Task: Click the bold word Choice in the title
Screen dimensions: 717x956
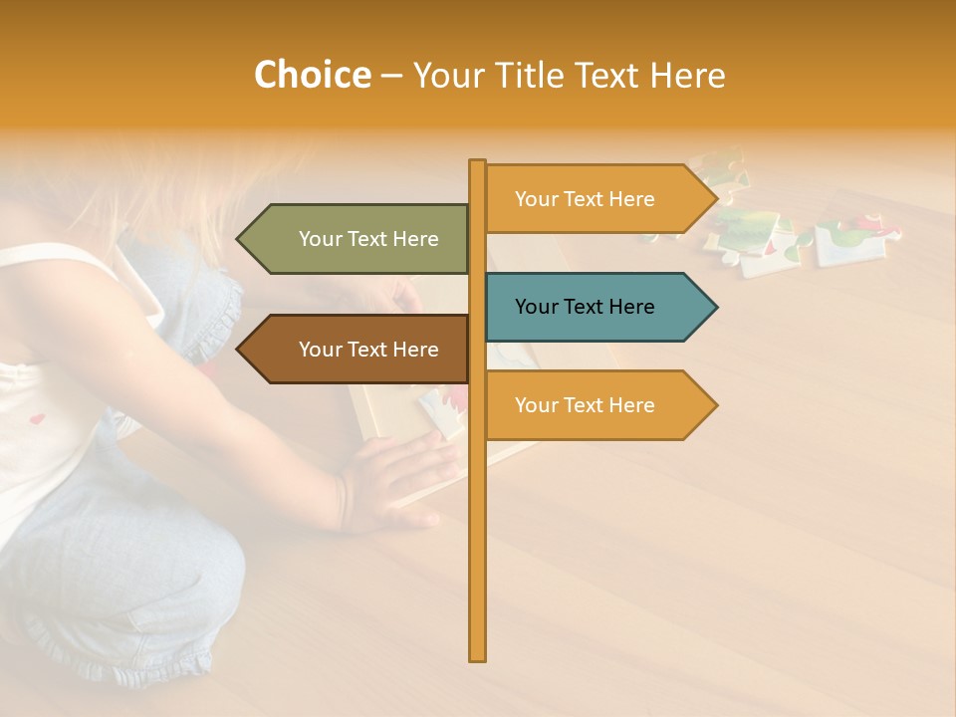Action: tap(312, 75)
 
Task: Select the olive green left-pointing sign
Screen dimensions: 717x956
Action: tap(358, 239)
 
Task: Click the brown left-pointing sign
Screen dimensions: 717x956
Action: tap(358, 350)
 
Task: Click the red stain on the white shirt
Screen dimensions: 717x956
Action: tap(38, 419)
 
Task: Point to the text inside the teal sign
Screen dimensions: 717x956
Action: tap(585, 307)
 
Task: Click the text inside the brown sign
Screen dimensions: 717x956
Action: tap(368, 350)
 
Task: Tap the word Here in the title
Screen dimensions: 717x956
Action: tap(687, 76)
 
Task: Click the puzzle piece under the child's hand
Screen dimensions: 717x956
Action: tap(438, 408)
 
